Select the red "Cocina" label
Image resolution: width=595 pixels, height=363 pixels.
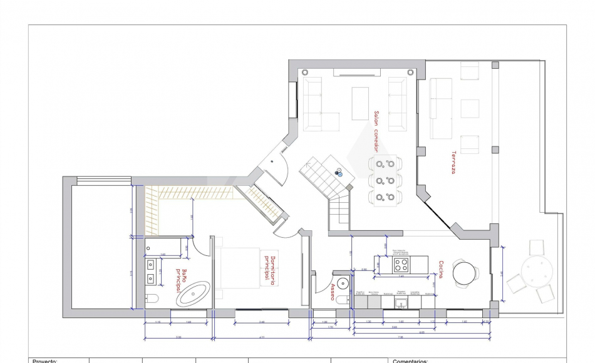pyautogui.click(x=441, y=270)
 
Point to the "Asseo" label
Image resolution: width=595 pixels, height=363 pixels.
pyautogui.click(x=333, y=292)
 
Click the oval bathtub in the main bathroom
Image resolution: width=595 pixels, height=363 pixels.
pyautogui.click(x=194, y=293)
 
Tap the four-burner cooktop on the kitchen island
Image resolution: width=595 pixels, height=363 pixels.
pyautogui.click(x=401, y=264)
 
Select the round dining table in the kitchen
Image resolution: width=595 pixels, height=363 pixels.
pyautogui.click(x=465, y=272)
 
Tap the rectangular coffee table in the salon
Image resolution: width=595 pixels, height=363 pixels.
pyautogui.click(x=360, y=103)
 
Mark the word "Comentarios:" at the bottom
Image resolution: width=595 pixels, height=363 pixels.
pyautogui.click(x=410, y=360)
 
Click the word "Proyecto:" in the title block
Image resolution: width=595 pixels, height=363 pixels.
pyautogui.click(x=45, y=360)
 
